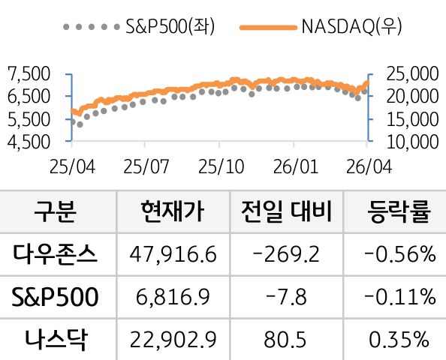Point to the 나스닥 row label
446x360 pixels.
pos(56,340)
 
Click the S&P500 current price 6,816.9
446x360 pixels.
pos(173,298)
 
